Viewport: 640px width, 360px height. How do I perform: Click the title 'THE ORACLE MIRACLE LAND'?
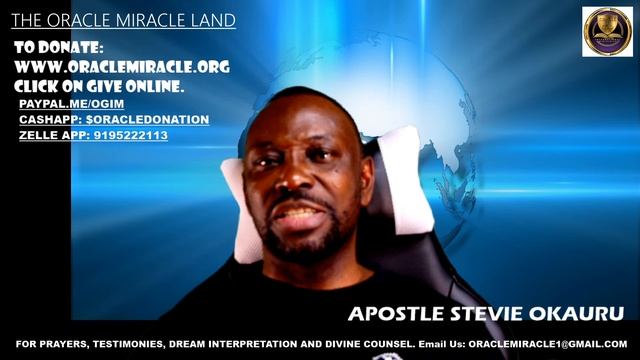[124, 20]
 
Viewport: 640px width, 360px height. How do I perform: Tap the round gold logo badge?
[607, 31]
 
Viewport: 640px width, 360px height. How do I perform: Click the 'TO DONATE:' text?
[59, 48]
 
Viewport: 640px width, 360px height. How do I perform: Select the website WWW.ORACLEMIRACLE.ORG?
[122, 67]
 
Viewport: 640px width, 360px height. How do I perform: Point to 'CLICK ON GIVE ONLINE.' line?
[99, 87]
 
